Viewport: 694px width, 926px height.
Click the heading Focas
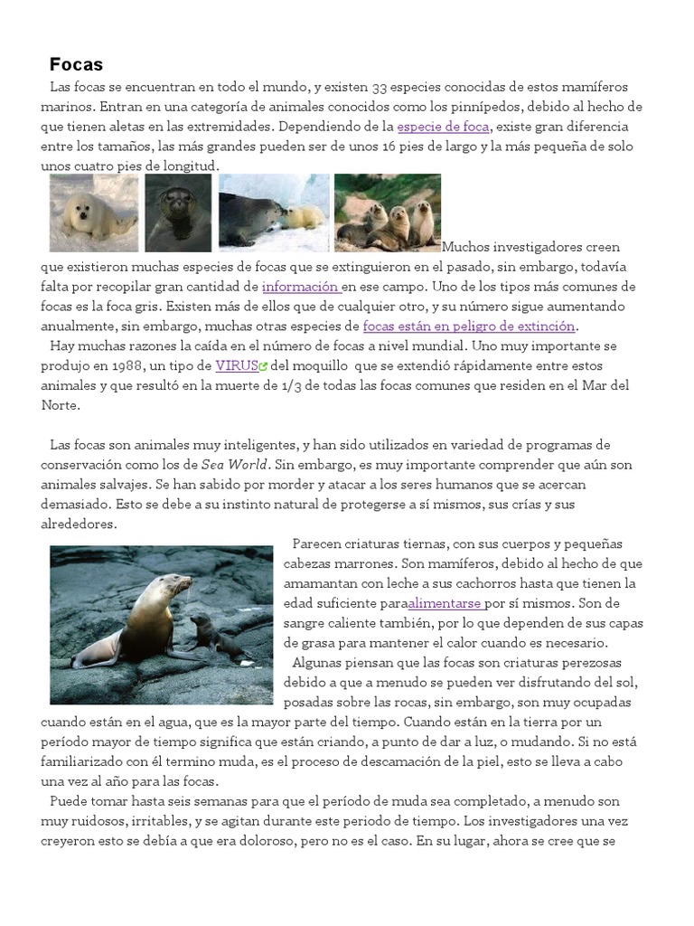click(x=76, y=65)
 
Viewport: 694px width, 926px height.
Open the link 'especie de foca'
click(x=443, y=127)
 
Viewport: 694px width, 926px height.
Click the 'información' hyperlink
click(x=300, y=287)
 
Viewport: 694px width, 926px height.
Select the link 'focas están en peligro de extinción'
click(x=468, y=326)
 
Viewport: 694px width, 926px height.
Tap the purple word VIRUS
click(x=236, y=366)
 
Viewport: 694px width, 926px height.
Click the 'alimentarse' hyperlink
click(x=445, y=603)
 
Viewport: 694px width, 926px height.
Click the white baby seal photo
click(x=94, y=213)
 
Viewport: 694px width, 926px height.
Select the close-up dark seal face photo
click(x=178, y=213)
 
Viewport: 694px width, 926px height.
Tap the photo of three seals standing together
click(x=388, y=213)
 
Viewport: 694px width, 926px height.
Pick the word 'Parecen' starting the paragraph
click(x=320, y=543)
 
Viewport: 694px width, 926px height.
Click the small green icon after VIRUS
click(x=263, y=367)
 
